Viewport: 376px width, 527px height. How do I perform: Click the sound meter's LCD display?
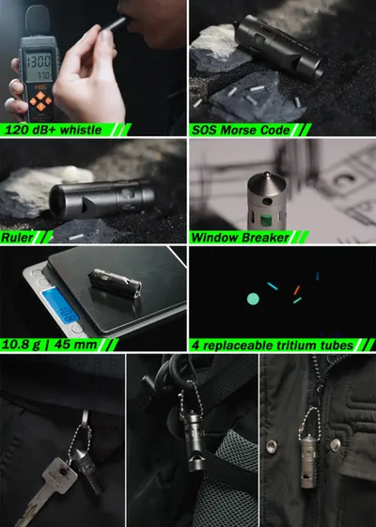(39, 66)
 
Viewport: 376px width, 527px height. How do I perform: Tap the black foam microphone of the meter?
(38, 20)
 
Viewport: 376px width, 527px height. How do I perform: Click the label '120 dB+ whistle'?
(54, 130)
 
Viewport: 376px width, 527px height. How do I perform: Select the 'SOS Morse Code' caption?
(241, 130)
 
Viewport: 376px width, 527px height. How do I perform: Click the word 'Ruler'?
(17, 238)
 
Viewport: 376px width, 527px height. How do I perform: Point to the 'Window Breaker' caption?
(240, 238)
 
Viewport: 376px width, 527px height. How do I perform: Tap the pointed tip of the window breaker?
(267, 174)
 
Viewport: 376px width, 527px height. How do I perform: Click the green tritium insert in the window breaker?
(266, 221)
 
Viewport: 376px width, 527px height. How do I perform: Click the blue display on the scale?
(60, 305)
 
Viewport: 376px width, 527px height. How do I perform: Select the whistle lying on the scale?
(115, 284)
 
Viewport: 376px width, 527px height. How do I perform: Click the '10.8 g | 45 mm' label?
(49, 345)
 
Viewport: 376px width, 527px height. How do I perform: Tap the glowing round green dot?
(253, 299)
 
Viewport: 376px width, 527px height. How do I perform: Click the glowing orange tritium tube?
(296, 290)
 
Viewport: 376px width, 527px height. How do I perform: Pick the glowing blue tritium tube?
(318, 276)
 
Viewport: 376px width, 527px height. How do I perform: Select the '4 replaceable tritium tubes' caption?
(273, 345)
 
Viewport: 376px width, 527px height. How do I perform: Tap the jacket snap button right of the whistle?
(335, 444)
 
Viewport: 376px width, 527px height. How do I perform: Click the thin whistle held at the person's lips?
(115, 23)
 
